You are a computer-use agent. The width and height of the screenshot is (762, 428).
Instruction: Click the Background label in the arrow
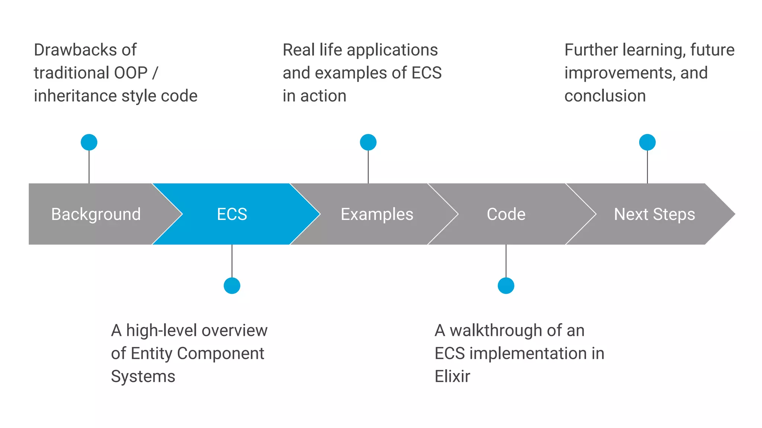[96, 214]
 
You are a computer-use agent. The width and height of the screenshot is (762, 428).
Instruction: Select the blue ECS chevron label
[232, 214]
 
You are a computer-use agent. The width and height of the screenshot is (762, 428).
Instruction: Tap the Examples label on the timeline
[377, 214]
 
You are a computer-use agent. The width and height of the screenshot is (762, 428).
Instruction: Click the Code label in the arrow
[506, 214]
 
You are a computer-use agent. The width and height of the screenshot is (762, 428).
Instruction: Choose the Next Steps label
[654, 214]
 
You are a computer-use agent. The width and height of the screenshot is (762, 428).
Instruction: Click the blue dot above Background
[89, 142]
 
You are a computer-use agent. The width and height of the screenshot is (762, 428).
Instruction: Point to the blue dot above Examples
[368, 142]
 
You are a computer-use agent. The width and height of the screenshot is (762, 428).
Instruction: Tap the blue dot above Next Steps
[647, 142]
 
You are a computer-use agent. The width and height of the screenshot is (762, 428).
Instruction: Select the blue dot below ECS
[232, 286]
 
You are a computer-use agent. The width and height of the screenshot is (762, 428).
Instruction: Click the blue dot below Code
[506, 286]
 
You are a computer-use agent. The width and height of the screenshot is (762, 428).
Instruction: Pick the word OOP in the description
[131, 73]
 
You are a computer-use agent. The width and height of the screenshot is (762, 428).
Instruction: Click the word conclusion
[605, 96]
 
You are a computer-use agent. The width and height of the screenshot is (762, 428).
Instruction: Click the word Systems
[143, 376]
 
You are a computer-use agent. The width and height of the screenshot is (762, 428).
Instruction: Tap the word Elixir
[452, 376]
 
